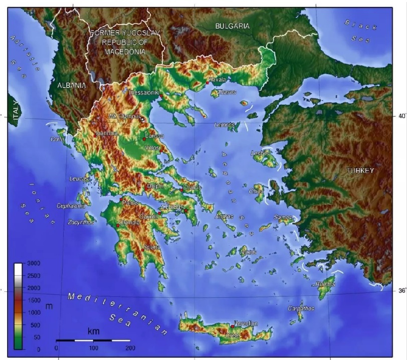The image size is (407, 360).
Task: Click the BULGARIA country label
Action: tap(232, 26)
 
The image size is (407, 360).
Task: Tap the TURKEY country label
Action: tap(360, 171)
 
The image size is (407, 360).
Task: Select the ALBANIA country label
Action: tap(71, 86)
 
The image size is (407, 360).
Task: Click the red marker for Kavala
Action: tap(207, 83)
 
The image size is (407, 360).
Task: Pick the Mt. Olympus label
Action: tap(125, 116)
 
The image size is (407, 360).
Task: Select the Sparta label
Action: tap(152, 247)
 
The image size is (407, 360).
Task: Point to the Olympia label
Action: tap(129, 222)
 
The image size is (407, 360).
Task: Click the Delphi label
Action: tap(155, 186)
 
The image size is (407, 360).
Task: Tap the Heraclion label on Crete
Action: tap(246, 323)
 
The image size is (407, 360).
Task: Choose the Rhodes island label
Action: tap(325, 284)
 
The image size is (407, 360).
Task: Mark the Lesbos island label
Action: tap(260, 153)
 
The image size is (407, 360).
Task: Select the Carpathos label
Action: tap(301, 308)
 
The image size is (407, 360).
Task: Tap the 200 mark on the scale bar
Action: tap(130, 347)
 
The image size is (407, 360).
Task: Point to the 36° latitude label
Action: tap(401, 290)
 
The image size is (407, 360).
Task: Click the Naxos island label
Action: tap(248, 252)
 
